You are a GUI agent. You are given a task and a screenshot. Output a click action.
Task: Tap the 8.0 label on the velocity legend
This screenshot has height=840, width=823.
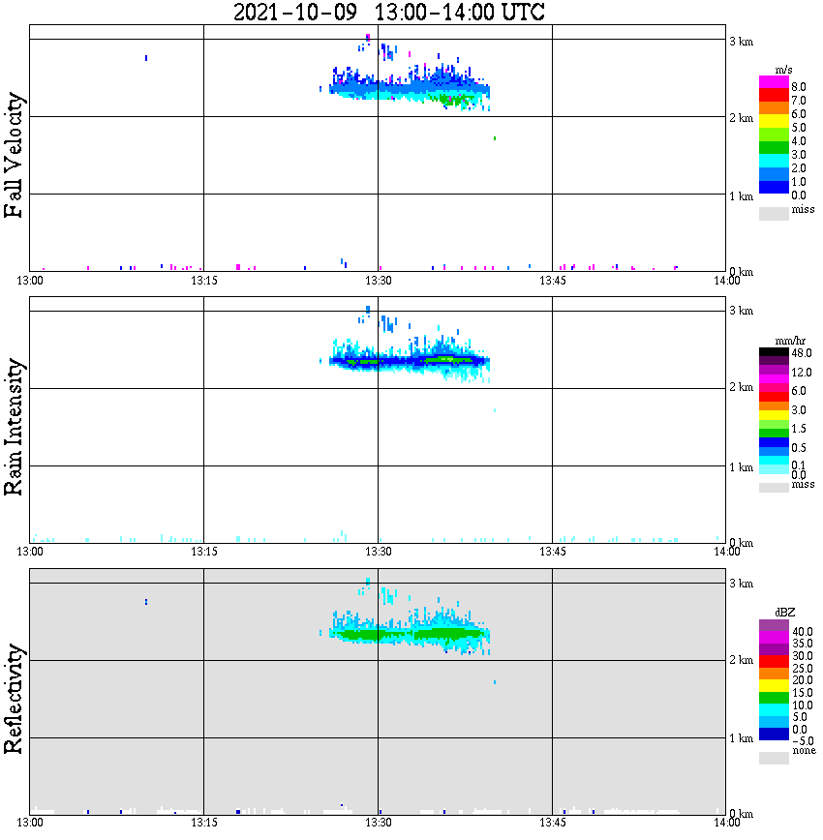(x=799, y=86)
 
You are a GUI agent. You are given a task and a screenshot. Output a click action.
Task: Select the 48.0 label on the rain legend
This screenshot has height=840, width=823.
(x=801, y=354)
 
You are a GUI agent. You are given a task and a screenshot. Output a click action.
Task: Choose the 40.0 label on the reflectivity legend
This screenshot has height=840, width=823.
(x=802, y=630)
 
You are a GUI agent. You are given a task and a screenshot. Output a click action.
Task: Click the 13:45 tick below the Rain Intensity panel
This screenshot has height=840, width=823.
(x=552, y=552)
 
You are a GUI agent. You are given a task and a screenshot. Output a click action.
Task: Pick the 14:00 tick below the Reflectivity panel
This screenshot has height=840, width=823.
(x=727, y=824)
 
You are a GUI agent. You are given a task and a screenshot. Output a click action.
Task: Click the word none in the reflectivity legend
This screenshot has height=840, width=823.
(x=804, y=751)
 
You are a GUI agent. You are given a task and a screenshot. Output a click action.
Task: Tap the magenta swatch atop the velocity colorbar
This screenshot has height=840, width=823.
(x=774, y=81)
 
